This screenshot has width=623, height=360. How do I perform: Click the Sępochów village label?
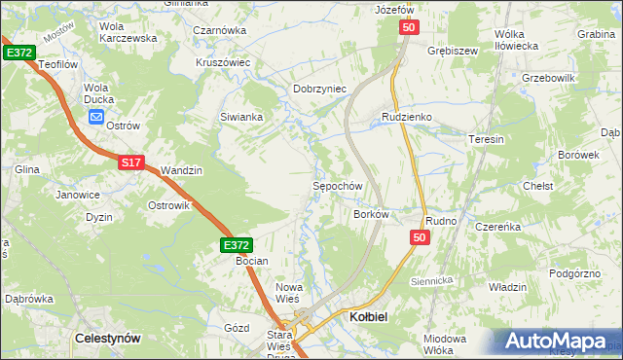[x=337, y=186]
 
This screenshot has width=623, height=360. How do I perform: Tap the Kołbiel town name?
[x=368, y=317]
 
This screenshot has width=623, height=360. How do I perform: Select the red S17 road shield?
[x=132, y=163]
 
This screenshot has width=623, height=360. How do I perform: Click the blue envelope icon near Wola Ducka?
[x=96, y=118]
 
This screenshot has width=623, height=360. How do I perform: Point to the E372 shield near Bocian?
[x=236, y=246]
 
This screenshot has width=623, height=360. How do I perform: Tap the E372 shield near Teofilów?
[x=18, y=52]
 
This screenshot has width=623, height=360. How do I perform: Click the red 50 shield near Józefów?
[x=408, y=30]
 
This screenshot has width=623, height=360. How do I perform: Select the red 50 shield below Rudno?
[x=420, y=237]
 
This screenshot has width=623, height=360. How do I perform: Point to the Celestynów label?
[x=108, y=338]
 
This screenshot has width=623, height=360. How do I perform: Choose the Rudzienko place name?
[x=406, y=117]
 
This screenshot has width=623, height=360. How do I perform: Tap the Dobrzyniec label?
[x=320, y=89]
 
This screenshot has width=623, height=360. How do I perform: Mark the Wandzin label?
[x=181, y=170]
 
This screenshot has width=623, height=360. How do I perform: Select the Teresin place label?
[x=486, y=139]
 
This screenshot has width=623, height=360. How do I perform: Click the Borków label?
[x=372, y=213]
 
